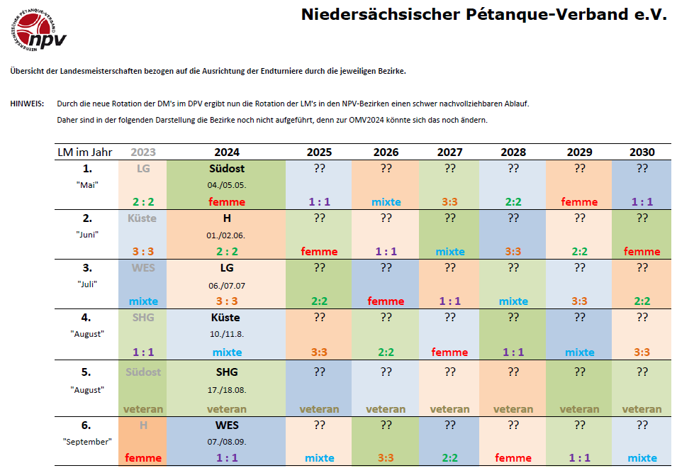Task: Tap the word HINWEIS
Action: tap(27, 104)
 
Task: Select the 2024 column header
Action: tap(226, 152)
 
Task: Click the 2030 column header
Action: tap(642, 152)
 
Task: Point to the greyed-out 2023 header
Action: tap(143, 152)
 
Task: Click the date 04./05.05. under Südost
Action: tap(226, 185)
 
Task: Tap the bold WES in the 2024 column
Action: tap(226, 425)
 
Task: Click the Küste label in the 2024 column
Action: tap(226, 318)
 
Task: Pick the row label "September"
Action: tap(87, 441)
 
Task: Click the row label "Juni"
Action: tap(87, 235)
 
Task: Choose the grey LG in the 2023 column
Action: tap(143, 169)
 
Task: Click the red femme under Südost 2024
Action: tap(226, 201)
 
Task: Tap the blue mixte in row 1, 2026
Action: tap(386, 201)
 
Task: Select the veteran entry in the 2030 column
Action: tap(642, 408)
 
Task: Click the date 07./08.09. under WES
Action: tap(226, 441)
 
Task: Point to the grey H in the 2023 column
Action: tap(143, 425)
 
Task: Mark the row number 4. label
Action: tap(87, 318)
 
